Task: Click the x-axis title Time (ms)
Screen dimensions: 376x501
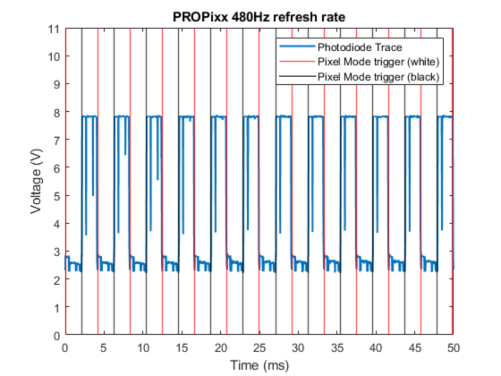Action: pyautogui.click(x=259, y=364)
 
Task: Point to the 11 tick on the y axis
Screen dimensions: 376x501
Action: pyautogui.click(x=55, y=29)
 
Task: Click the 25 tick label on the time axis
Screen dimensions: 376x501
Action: pyautogui.click(x=259, y=347)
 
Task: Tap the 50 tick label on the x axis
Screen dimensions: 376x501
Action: pyautogui.click(x=454, y=347)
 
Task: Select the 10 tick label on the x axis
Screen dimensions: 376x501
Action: pyautogui.click(x=143, y=347)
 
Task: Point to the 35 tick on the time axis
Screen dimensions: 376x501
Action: pyautogui.click(x=337, y=347)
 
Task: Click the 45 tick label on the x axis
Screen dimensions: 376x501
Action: pyautogui.click(x=415, y=347)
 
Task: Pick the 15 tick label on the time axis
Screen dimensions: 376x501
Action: pyautogui.click(x=182, y=347)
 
